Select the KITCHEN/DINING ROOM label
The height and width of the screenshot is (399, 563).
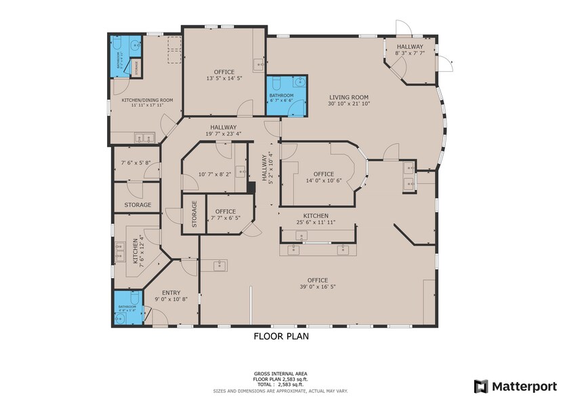147,100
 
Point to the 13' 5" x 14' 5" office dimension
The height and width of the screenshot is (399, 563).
224,79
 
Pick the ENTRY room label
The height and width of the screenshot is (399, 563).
171,292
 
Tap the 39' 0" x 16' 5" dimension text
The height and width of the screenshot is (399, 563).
317,287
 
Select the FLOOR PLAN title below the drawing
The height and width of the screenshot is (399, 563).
281,335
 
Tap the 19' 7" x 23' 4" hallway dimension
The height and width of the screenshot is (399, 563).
223,134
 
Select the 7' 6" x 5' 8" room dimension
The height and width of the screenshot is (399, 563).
140,163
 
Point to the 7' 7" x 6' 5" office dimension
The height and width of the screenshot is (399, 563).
226,218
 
